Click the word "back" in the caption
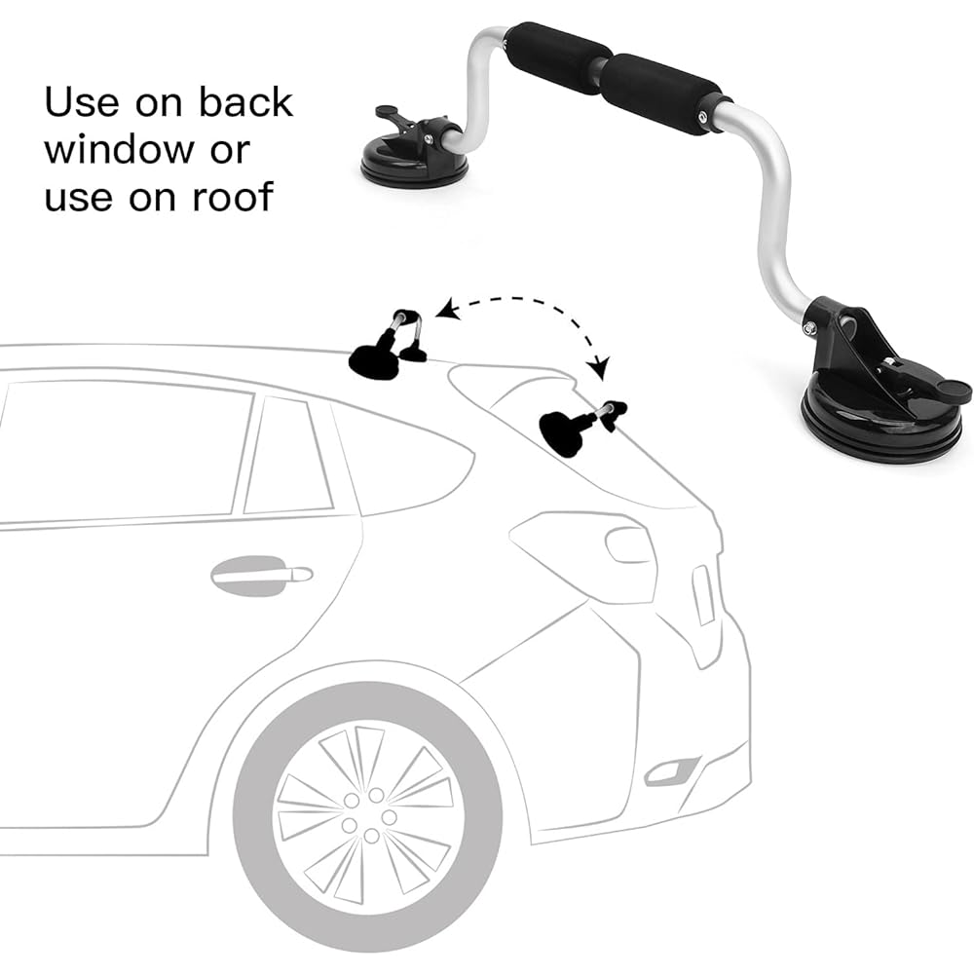coord(246,102)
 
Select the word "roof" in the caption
coord(233,197)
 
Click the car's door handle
coord(261,576)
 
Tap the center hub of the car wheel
coord(368,817)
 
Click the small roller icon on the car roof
coord(388,345)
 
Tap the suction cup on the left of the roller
coord(411,162)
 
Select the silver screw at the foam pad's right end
coord(702,117)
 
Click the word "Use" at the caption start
coord(82,102)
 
